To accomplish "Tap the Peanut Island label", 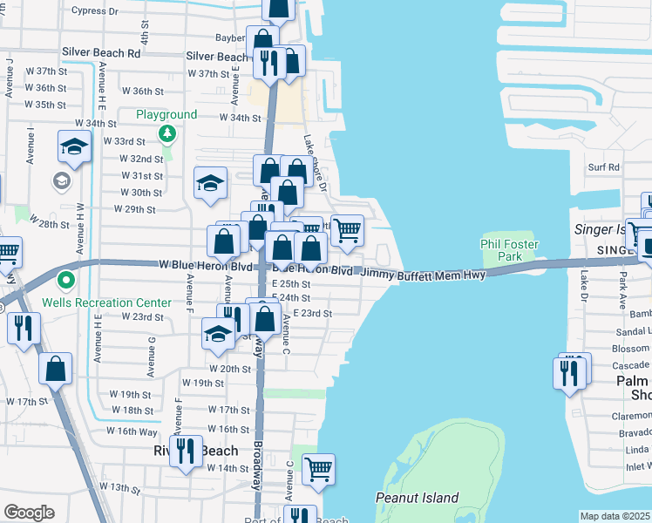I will coord(417,498).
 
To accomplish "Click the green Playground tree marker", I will coord(166,133).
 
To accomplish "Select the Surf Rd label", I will coord(603,166).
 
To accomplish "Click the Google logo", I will coord(29,513).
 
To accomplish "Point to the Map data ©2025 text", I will coord(615,516).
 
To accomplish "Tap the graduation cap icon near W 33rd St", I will coord(74,148).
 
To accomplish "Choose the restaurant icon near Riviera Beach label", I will coord(186,451).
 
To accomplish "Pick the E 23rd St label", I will coord(313,313).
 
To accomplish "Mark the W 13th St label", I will coord(119,486).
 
